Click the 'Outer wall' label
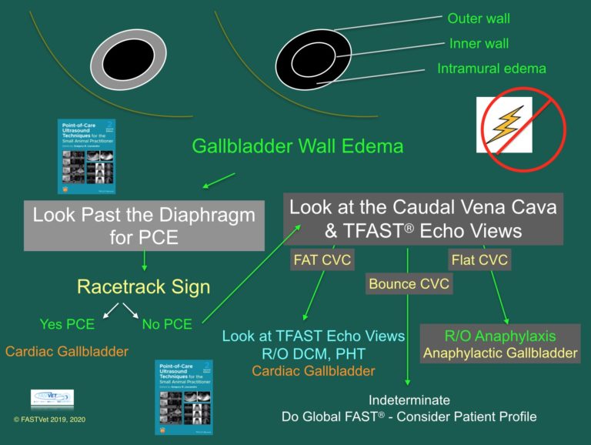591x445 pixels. click(x=478, y=18)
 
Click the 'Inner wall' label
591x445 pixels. click(x=478, y=43)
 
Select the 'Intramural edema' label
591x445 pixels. click(x=492, y=69)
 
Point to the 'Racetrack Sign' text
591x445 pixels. click(x=144, y=287)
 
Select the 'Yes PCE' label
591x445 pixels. click(x=67, y=324)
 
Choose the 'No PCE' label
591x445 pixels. click(x=168, y=324)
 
